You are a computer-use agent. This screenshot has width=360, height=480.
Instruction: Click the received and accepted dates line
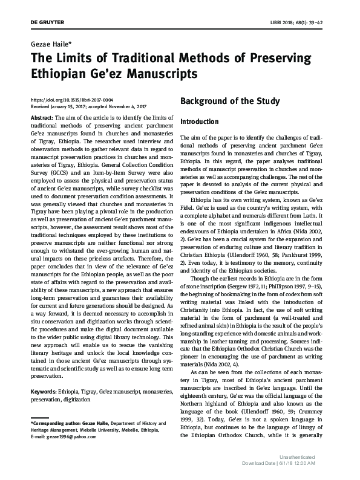(x=90, y=106)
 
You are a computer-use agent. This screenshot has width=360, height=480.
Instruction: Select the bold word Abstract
(x=41, y=116)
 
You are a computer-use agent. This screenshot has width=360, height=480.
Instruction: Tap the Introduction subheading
(x=200, y=122)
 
